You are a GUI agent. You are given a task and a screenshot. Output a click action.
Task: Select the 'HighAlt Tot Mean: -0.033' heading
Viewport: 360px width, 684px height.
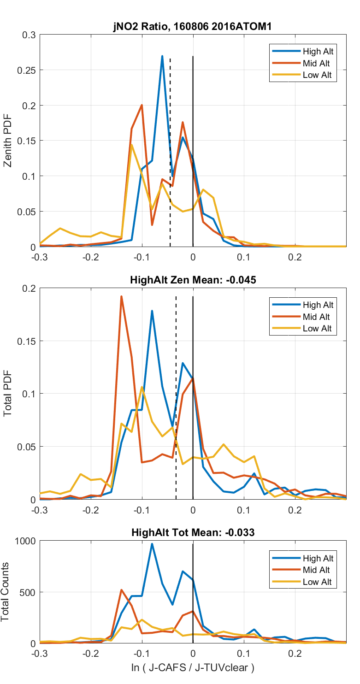click(192, 532)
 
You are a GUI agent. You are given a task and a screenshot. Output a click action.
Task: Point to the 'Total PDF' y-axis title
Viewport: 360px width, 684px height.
click(8, 394)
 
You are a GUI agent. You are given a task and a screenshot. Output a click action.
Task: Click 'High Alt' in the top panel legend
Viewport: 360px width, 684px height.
click(318, 51)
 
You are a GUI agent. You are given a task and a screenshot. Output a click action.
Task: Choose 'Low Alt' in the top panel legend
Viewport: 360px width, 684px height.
click(317, 76)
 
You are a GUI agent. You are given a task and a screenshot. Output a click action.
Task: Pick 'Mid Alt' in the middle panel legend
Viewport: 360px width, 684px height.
click(317, 317)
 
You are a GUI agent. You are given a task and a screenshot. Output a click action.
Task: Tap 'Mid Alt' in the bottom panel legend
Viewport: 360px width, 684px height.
click(317, 570)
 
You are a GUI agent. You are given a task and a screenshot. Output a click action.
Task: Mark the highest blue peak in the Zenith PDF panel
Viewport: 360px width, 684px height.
click(162, 56)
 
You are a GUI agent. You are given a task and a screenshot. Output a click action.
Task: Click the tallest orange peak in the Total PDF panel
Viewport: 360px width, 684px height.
click(121, 296)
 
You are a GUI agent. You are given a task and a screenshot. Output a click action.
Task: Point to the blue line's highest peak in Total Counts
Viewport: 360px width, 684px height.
click(152, 544)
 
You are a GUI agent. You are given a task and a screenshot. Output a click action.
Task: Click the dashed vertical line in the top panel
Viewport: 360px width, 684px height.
click(170, 152)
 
